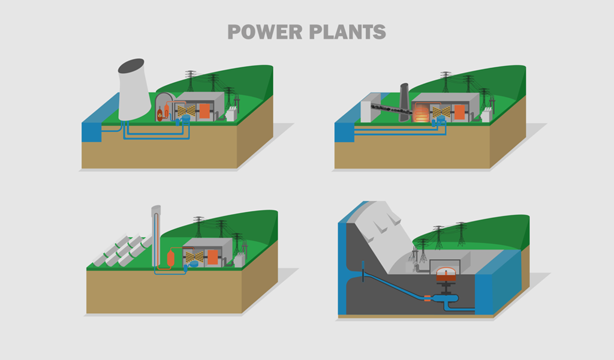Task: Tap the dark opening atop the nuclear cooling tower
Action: (131, 65)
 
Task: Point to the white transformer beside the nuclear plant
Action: (230, 113)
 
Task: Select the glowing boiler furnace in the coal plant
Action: (422, 113)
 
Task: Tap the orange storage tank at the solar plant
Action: (170, 258)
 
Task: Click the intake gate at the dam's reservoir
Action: (363, 269)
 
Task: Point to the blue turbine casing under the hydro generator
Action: (447, 298)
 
